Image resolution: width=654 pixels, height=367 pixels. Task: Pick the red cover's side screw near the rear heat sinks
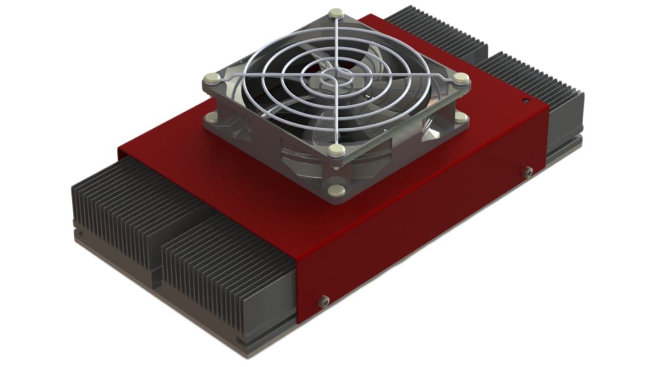pyautogui.click(x=527, y=172)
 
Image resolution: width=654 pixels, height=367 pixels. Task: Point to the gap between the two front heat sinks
pyautogui.click(x=159, y=258)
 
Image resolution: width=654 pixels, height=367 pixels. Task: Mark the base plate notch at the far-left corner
pyautogui.click(x=76, y=225)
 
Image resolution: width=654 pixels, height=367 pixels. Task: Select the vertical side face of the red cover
pyautogui.click(x=415, y=230)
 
